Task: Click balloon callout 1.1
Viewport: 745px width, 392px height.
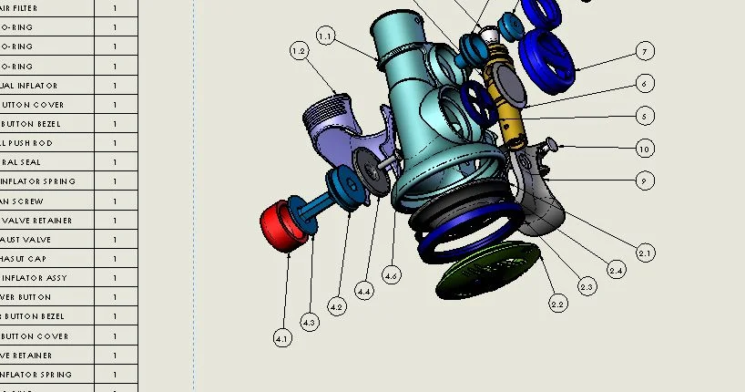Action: point(326,36)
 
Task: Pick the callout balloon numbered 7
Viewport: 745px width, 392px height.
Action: point(645,51)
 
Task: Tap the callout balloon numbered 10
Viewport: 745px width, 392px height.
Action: point(645,149)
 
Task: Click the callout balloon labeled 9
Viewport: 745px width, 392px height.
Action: point(645,181)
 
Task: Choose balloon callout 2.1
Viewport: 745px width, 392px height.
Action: point(645,253)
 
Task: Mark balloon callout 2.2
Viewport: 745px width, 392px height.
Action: point(558,304)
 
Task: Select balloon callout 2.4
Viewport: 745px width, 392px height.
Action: point(617,270)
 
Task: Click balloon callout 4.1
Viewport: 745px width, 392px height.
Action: point(282,338)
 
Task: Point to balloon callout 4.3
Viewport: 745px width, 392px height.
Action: point(309,322)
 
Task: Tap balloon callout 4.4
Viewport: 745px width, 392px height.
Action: point(364,291)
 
